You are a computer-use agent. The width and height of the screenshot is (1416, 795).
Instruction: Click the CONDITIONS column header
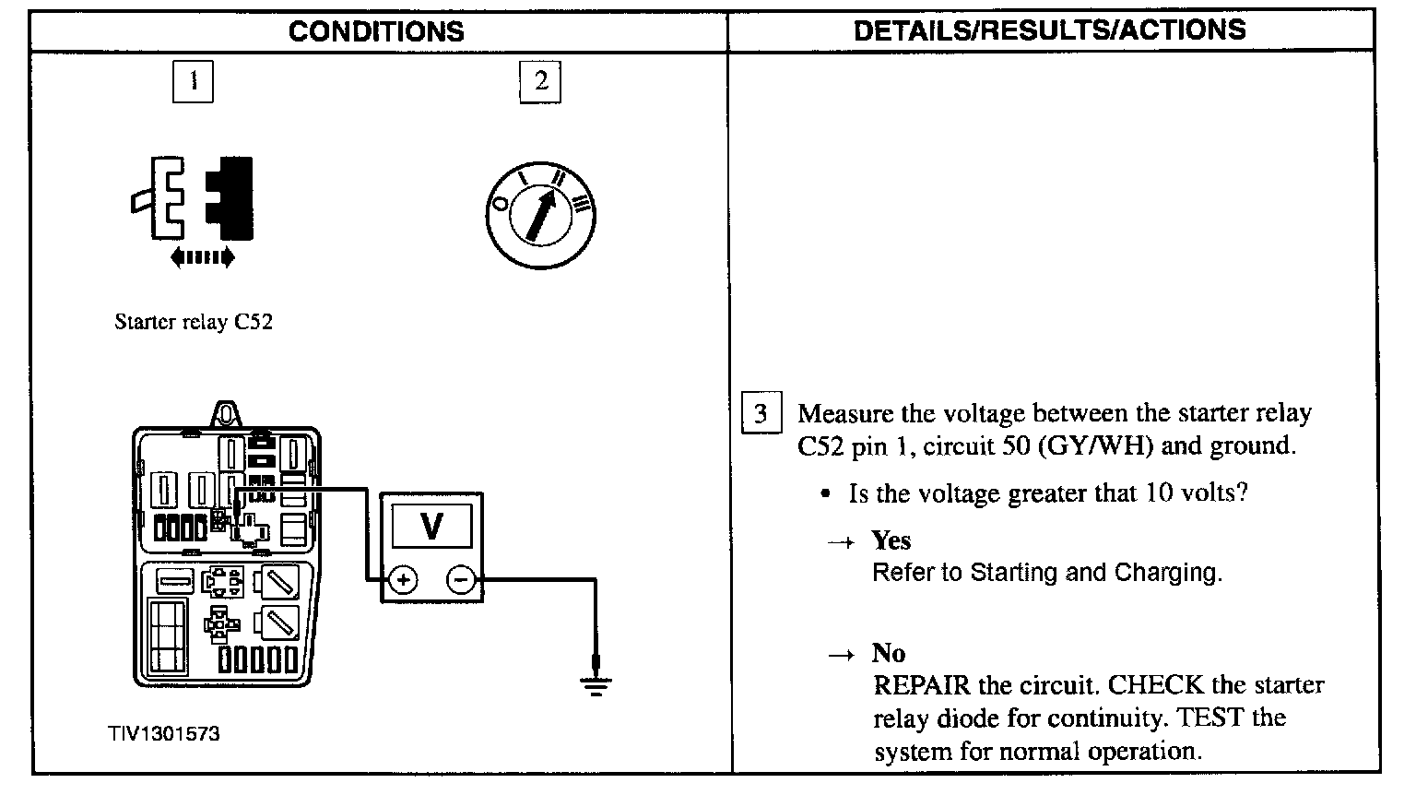pos(376,31)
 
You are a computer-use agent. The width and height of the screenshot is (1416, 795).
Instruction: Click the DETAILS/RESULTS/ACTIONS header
pos(1050,30)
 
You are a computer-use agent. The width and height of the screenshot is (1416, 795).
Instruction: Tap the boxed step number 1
pos(193,81)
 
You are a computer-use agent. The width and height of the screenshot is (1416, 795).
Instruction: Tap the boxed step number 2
pos(540,81)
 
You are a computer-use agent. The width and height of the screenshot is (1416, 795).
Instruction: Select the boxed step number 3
pos(761,413)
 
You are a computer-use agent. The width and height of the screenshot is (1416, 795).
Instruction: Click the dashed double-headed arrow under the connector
pos(203,258)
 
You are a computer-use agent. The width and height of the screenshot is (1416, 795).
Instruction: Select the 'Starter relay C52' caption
pos(193,322)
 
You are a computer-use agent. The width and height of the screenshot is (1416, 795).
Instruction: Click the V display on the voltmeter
pos(431,526)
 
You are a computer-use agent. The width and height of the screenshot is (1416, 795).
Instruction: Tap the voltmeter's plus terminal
pos(403,580)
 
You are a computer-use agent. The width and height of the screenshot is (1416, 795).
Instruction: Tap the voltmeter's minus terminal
pos(460,580)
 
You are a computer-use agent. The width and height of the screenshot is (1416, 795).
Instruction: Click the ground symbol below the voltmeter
pos(596,684)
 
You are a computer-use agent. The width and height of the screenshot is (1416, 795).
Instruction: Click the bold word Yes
pos(891,540)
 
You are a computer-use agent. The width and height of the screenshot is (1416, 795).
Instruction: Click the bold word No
pos(889,654)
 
